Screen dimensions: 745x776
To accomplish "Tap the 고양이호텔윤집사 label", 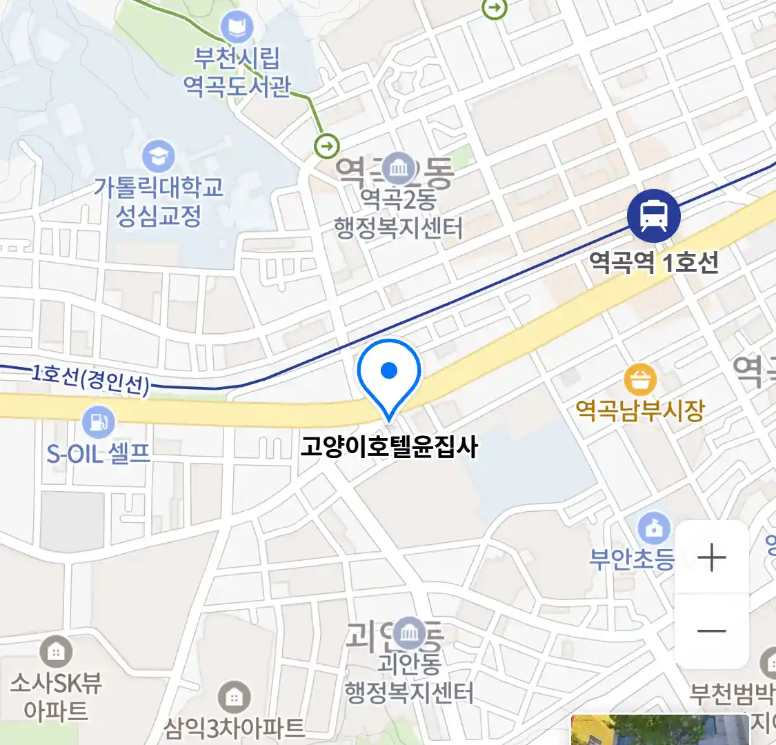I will (389, 447).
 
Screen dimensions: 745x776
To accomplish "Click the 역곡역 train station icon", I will (653, 216).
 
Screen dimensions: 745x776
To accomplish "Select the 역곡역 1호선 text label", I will (653, 263).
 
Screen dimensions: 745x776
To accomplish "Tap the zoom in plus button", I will (711, 557).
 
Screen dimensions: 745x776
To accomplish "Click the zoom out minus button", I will (711, 630).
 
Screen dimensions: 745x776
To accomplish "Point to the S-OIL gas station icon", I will (98, 421).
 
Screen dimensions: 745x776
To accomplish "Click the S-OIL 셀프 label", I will (98, 453).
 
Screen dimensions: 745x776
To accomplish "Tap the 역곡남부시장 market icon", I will (640, 379).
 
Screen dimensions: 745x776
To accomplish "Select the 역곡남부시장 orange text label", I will (640, 411).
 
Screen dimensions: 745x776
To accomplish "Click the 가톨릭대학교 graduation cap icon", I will (159, 157).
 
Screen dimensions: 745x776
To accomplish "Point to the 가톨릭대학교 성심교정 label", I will (159, 201).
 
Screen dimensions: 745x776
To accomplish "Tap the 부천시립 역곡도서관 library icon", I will (237, 28).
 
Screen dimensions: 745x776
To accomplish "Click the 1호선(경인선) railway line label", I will (90, 379).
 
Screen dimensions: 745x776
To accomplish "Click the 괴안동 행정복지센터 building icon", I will (410, 633).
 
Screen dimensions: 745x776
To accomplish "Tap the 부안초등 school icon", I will (654, 529).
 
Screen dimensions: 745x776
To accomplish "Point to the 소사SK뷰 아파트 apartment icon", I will (56, 652).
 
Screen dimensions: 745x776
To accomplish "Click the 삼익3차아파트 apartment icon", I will (235, 698).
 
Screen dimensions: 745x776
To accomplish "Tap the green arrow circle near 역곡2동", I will (327, 146).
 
